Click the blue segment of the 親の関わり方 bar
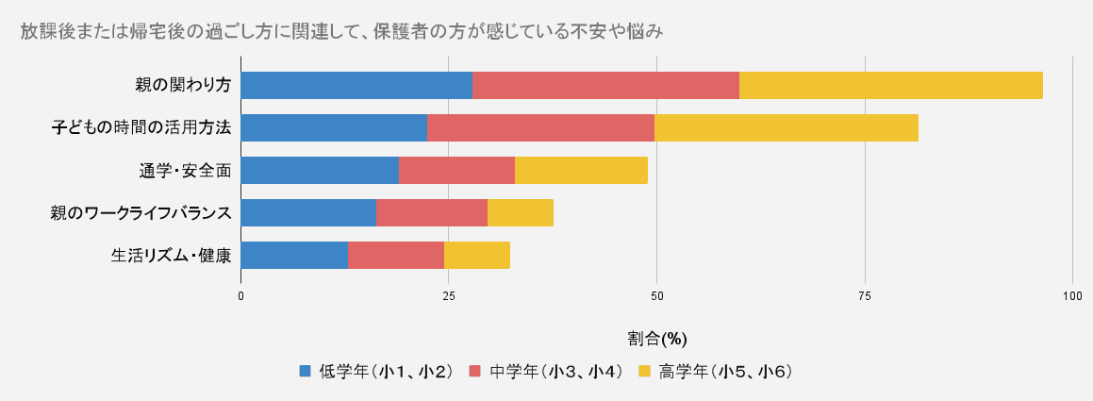356,85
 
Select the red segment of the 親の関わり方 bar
605,85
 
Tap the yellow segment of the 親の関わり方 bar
890,85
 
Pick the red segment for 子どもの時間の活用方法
540,127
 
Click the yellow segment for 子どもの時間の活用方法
786,127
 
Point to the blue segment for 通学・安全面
320,170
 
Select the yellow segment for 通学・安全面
581,170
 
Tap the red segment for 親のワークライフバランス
432,212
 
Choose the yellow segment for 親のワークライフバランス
521,212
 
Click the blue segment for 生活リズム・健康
294,255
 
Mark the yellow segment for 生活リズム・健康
477,255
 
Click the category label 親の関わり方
183,85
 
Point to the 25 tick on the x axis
449,296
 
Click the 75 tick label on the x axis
865,296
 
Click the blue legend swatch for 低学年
305,371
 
